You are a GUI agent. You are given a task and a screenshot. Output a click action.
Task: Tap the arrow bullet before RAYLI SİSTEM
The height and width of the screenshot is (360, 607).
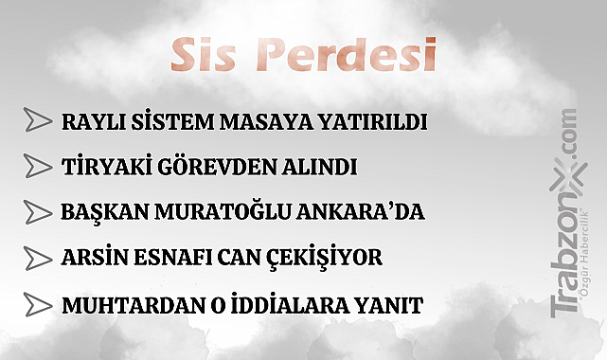pos(38,122)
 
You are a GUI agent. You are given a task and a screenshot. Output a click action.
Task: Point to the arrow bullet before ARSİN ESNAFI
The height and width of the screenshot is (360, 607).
pos(38,258)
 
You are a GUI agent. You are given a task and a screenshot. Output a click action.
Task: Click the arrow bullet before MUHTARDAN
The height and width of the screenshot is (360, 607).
pos(38,305)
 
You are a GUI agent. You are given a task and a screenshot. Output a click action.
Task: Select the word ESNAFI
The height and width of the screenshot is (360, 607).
pos(172,259)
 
